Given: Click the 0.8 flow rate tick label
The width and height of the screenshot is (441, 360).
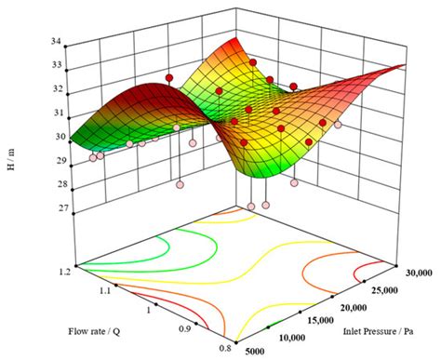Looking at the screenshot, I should [223, 345].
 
